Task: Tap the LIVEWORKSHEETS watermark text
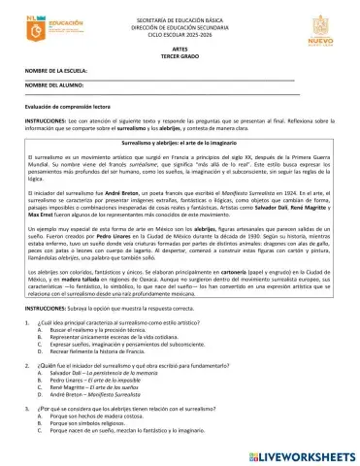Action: pos(302,453)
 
